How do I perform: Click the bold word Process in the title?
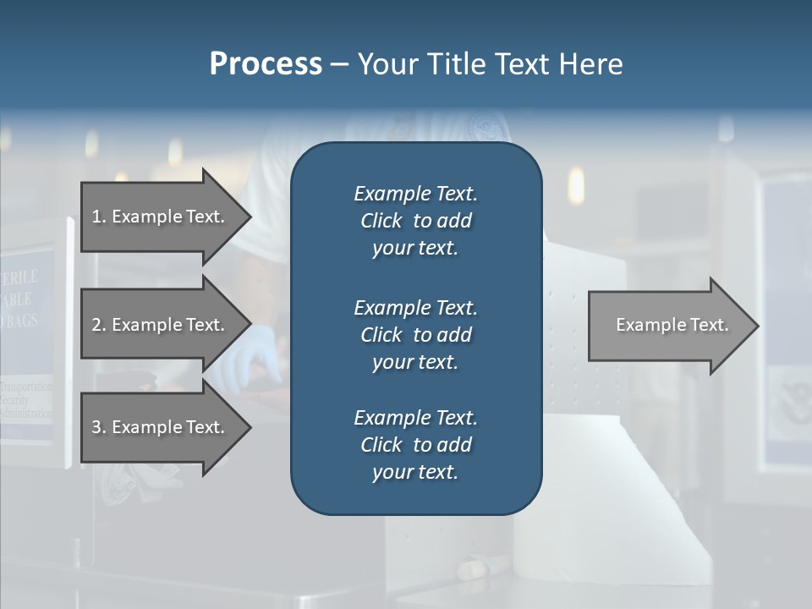click(x=266, y=64)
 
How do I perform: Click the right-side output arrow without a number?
click(x=672, y=325)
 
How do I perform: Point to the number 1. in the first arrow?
click(x=99, y=217)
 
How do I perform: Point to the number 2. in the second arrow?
click(x=99, y=325)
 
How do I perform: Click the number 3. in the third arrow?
click(x=99, y=427)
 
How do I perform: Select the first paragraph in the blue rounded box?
click(x=415, y=221)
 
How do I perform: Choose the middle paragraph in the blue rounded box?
click(x=415, y=334)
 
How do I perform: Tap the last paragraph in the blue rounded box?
click(x=415, y=445)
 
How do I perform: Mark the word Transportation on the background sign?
click(x=26, y=387)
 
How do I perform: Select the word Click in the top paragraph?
click(x=381, y=221)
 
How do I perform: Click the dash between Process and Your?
click(x=340, y=64)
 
